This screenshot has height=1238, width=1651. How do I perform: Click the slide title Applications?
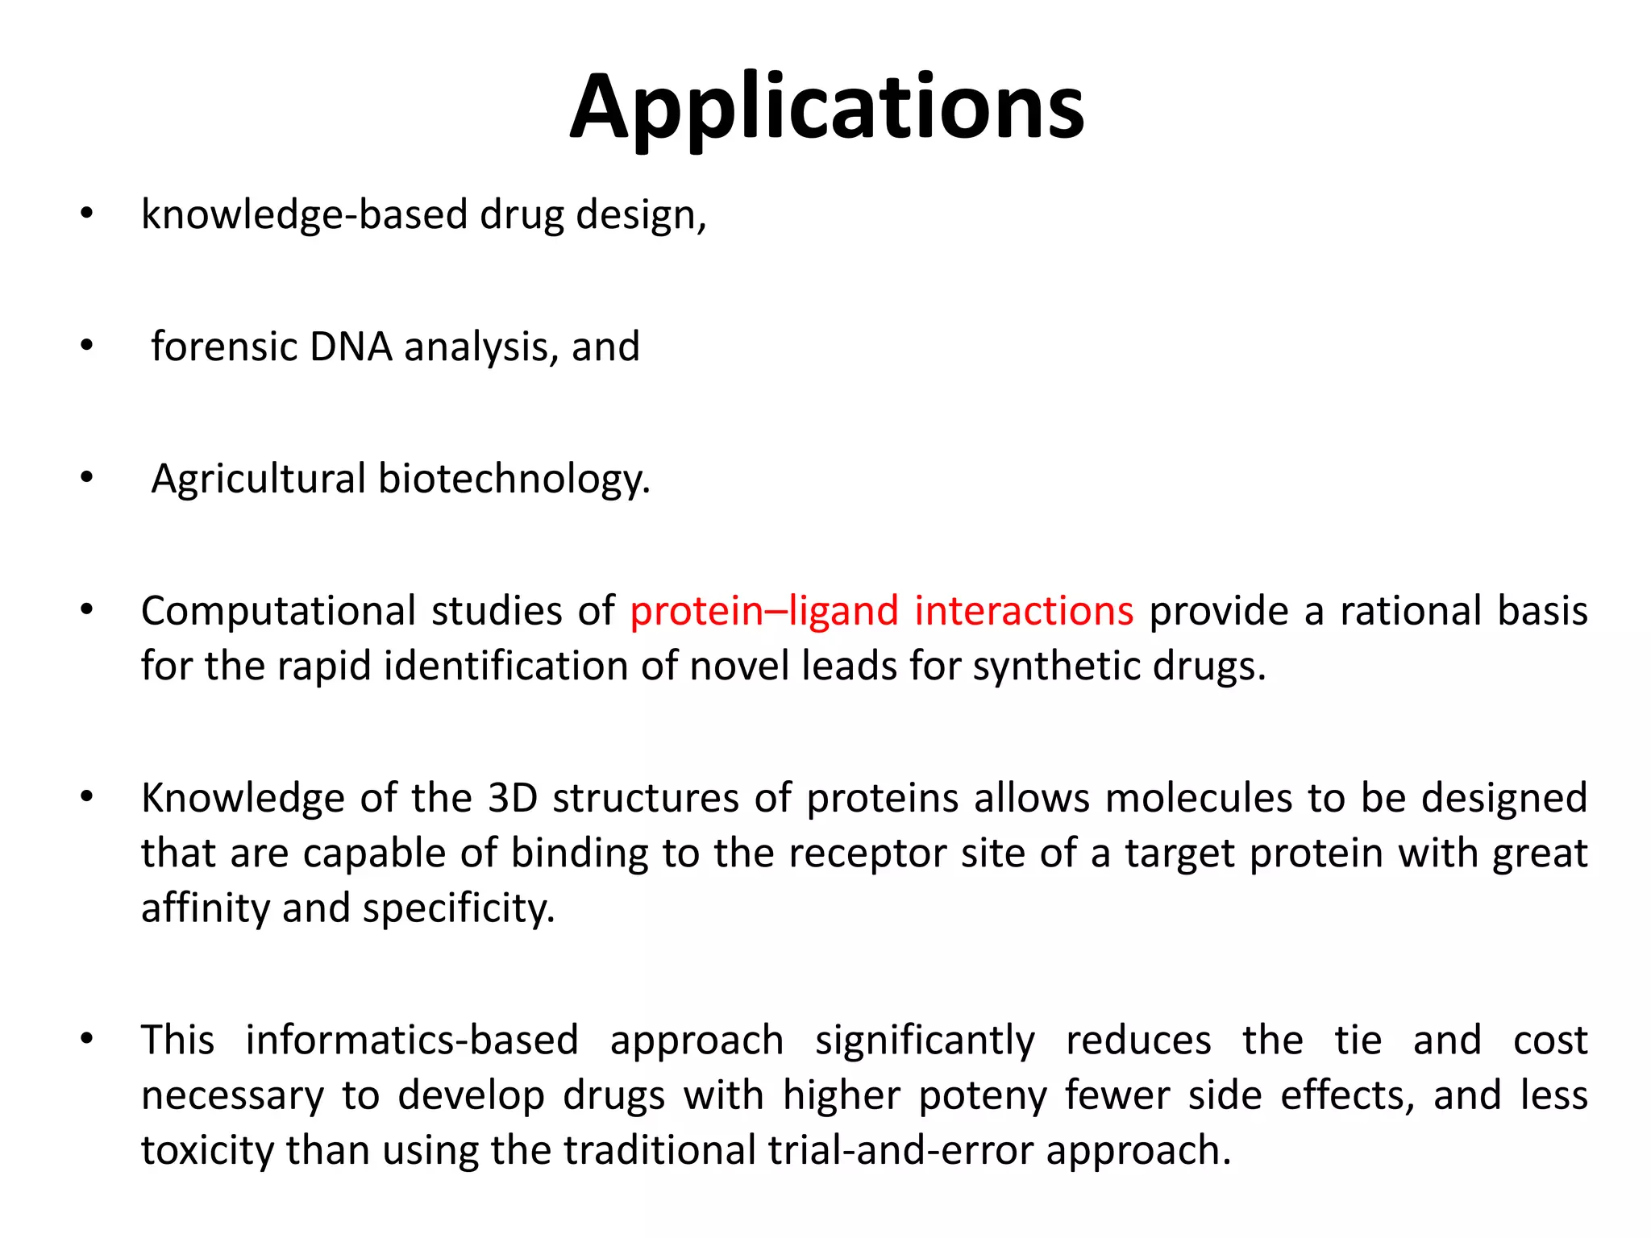pos(826,109)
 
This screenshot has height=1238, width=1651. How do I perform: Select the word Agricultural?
pos(258,480)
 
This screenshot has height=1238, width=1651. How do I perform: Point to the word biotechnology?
pos(513,480)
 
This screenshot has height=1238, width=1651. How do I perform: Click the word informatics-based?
pos(412,1041)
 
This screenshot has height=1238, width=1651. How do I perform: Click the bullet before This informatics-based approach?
pos(87,1039)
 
